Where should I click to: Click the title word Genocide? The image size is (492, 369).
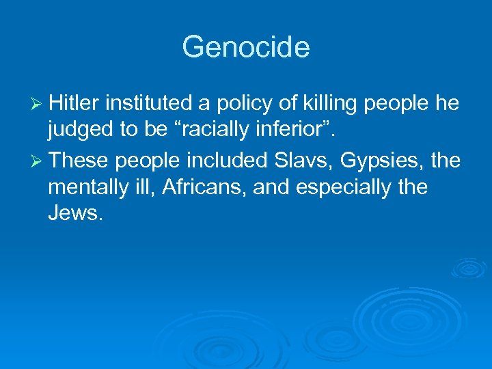click(246, 47)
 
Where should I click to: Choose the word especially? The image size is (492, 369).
click(338, 187)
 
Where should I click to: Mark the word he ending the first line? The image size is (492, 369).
click(446, 104)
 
